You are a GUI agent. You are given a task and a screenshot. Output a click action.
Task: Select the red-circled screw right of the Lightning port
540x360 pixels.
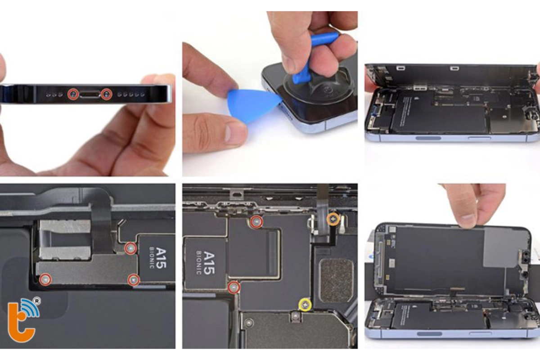tap(107, 94)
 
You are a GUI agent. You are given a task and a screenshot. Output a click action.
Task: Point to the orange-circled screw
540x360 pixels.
tap(333, 219)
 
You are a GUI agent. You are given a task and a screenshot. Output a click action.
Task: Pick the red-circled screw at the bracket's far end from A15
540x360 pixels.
tap(45, 280)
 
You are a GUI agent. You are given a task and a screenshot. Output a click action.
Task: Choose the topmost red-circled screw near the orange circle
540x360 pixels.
tap(256, 221)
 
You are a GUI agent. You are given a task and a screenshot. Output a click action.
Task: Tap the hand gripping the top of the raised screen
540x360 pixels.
tap(472, 202)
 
